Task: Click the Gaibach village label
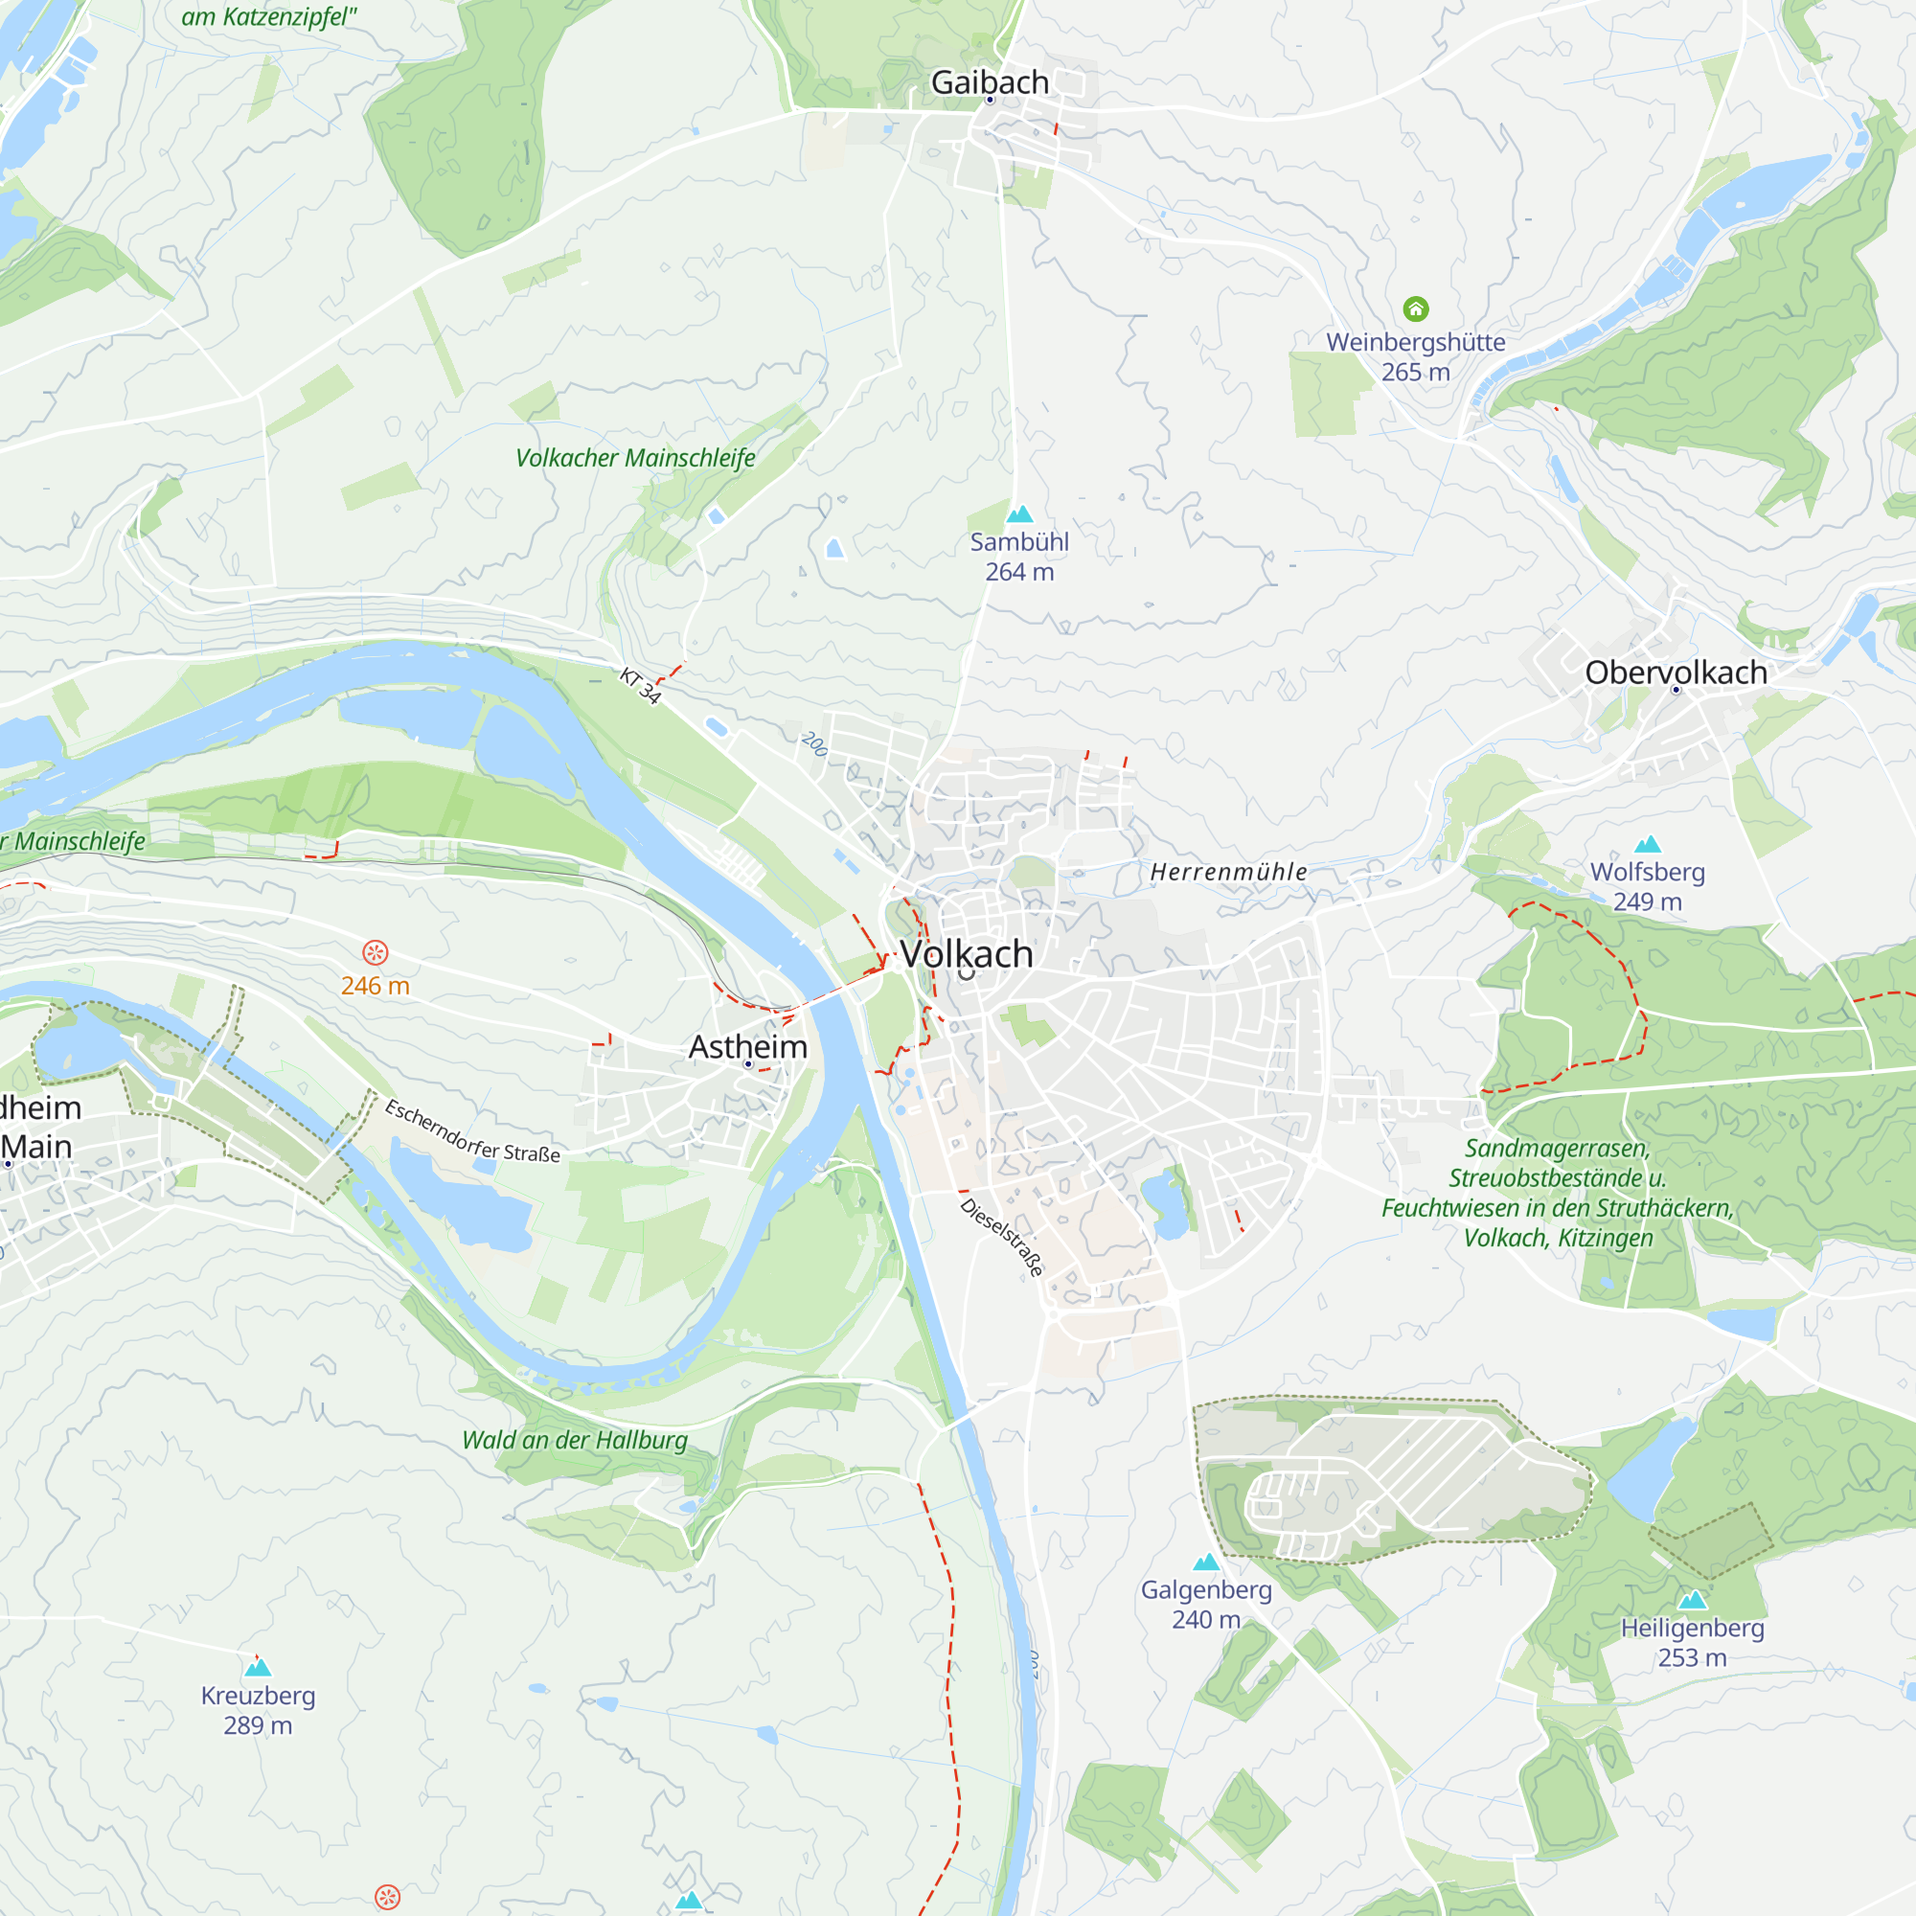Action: point(989,82)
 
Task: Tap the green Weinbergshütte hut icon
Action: point(1415,309)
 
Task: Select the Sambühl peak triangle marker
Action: point(1019,513)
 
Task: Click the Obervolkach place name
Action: point(1675,673)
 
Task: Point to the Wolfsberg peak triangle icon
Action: point(1647,844)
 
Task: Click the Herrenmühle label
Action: point(1228,872)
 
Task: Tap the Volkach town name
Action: point(966,954)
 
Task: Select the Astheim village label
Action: point(748,1046)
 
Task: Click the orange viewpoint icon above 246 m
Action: point(375,953)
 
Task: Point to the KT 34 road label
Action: point(640,685)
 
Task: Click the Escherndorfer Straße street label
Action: point(472,1131)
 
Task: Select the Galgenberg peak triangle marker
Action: point(1206,1562)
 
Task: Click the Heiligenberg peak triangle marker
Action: point(1692,1601)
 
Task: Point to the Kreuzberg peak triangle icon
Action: point(258,1668)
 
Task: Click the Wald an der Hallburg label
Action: point(574,1440)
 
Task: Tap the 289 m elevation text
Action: point(258,1725)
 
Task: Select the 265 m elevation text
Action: point(1415,373)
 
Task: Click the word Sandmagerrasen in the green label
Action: point(1557,1149)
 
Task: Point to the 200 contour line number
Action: point(813,743)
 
